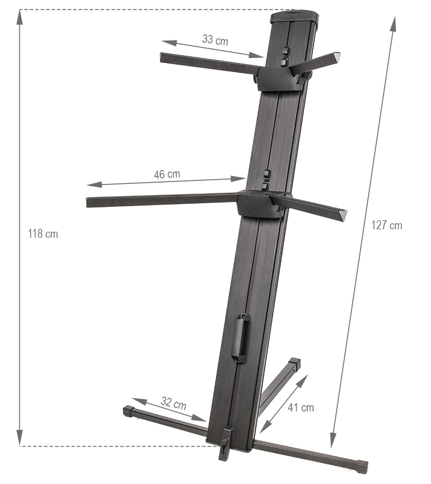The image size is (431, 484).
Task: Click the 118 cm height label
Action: point(43,234)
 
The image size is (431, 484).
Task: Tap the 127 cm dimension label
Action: point(387,225)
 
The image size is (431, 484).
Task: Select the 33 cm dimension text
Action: point(215,40)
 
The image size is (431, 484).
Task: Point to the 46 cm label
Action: point(167,174)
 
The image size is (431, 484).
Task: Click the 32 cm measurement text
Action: point(174,403)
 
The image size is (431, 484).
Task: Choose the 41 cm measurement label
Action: point(301,407)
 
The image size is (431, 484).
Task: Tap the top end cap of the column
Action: point(294,17)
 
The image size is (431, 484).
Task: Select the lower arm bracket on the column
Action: point(263,204)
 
